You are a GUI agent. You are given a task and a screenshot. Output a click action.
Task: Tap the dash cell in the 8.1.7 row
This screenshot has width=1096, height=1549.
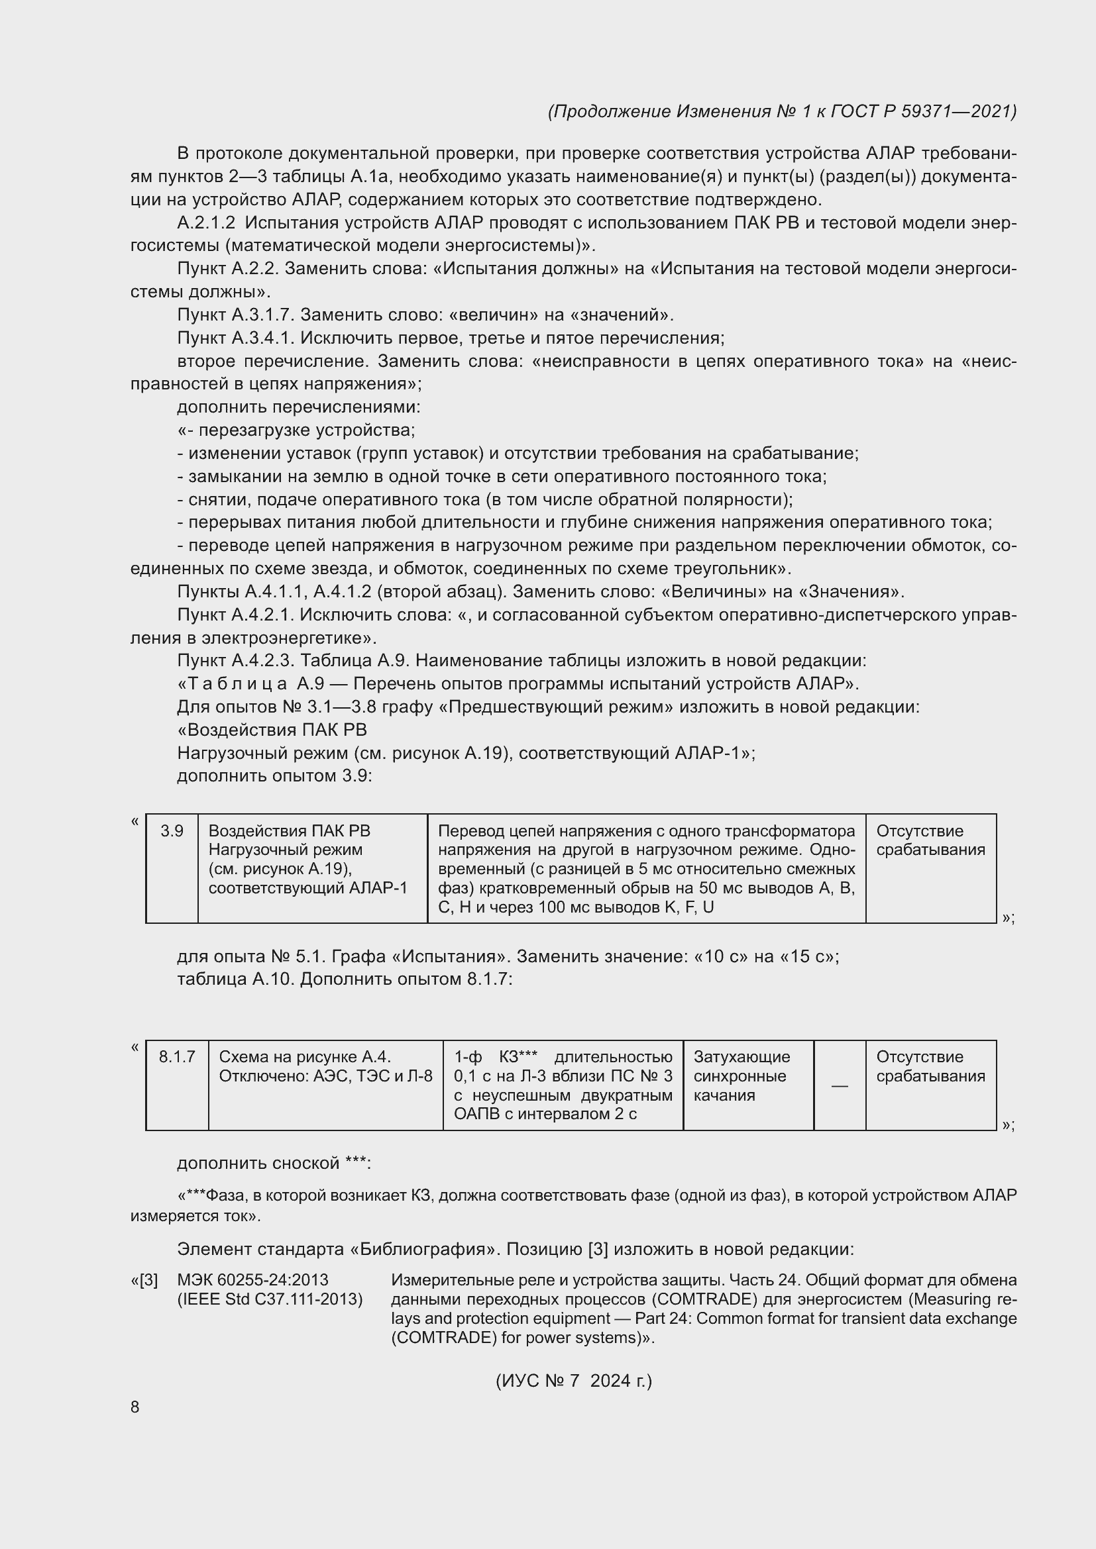pyautogui.click(x=840, y=1085)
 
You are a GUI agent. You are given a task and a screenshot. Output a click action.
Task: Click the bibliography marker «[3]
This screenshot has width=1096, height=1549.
pyautogui.click(x=144, y=1279)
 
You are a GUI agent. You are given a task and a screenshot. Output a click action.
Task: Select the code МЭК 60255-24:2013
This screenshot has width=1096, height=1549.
pyautogui.click(x=252, y=1279)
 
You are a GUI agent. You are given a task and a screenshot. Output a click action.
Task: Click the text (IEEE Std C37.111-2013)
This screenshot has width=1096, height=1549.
pyautogui.click(x=270, y=1299)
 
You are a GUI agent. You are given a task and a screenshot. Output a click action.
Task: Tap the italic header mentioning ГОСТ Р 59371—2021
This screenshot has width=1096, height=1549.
pyautogui.click(x=781, y=111)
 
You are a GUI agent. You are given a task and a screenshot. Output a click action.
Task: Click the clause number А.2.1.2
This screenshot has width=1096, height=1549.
pyautogui.click(x=207, y=223)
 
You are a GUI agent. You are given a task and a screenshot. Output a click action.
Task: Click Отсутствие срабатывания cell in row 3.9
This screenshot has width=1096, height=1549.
pyautogui.click(x=930, y=840)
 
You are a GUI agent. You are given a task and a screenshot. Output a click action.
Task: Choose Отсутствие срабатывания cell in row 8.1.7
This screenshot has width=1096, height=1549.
pyautogui.click(x=930, y=1066)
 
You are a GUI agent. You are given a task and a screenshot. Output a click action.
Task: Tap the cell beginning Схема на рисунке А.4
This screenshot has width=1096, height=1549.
pyautogui.click(x=325, y=1066)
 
